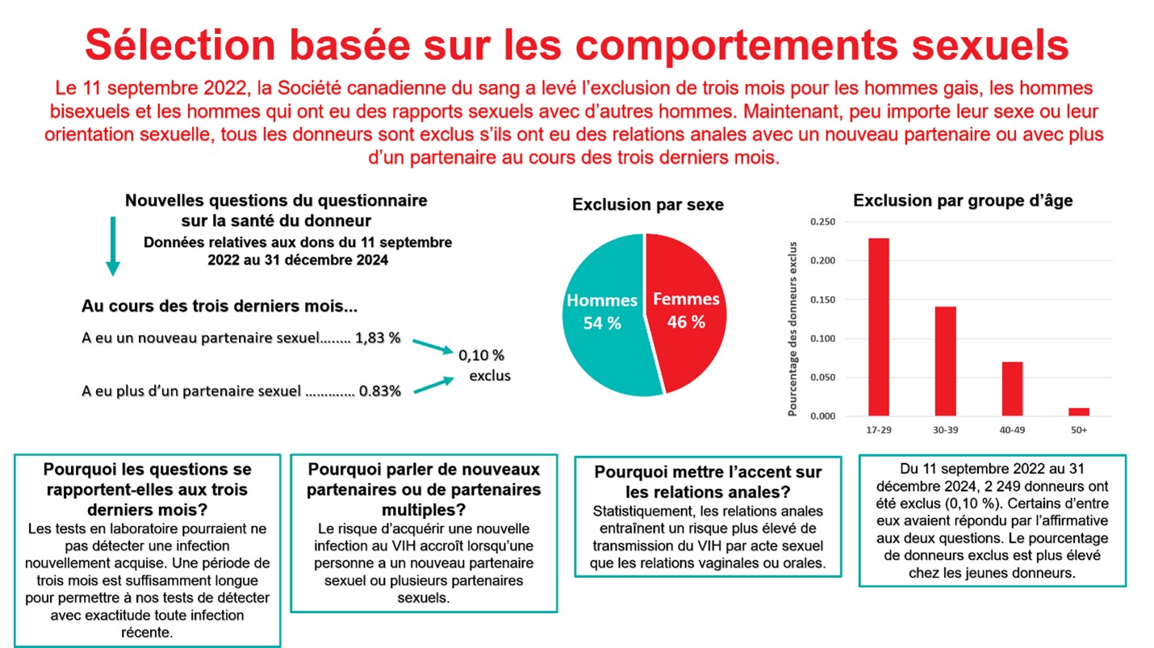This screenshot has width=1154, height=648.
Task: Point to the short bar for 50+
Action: pyautogui.click(x=1078, y=412)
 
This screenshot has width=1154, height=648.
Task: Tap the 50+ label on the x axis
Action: pyautogui.click(x=1079, y=430)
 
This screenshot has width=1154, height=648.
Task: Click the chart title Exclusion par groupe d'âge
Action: pyautogui.click(x=963, y=200)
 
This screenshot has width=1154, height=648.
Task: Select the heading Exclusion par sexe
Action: pyautogui.click(x=647, y=205)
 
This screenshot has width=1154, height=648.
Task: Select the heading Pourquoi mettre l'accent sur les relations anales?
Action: pyautogui.click(x=707, y=482)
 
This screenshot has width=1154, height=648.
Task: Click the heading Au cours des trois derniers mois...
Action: pyautogui.click(x=220, y=307)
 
